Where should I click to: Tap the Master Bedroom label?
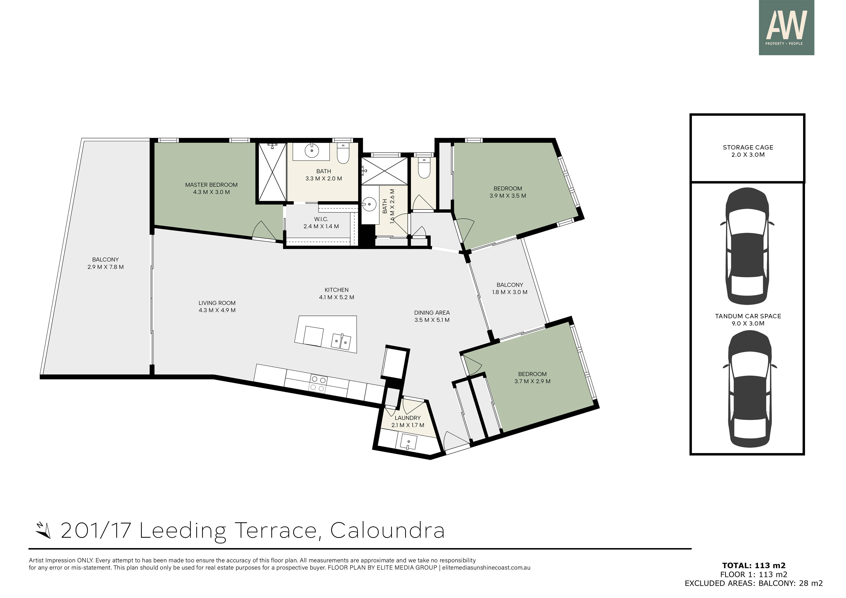(x=211, y=185)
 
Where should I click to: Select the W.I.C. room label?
(x=321, y=219)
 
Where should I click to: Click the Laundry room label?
(x=408, y=418)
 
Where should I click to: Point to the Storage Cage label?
(x=748, y=147)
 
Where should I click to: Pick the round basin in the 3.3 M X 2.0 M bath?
(x=312, y=150)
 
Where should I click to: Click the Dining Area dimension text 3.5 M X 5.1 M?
(x=432, y=320)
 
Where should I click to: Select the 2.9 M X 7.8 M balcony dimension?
(x=105, y=267)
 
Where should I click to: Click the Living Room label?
(x=217, y=303)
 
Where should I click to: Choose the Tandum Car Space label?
(x=748, y=316)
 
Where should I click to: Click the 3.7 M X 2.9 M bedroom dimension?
(x=532, y=381)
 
